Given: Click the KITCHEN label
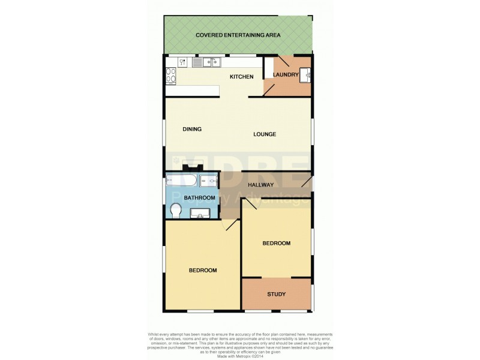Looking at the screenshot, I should click(242, 77).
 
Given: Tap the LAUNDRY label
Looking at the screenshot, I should click(286, 74).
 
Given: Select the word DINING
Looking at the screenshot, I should click(192, 129).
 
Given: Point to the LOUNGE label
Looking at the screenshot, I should click(265, 134).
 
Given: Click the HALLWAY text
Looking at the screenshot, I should click(261, 185).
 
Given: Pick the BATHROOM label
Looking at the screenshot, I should click(199, 197).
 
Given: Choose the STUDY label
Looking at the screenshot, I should click(276, 294).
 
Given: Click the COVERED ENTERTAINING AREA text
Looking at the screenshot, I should click(238, 35).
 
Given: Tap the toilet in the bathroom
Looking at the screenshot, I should click(176, 211).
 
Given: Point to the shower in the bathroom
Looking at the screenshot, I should click(210, 181).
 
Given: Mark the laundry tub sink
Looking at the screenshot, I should click(305, 74).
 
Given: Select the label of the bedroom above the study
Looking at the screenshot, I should click(276, 243).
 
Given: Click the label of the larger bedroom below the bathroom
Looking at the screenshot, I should click(203, 270).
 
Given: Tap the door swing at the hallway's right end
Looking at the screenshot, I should click(305, 180).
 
